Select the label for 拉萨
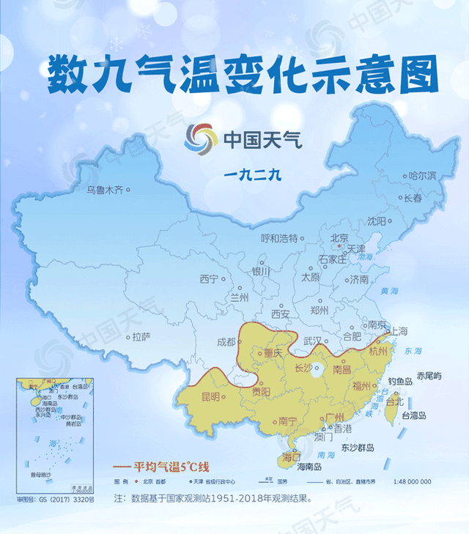pyautogui.click(x=141, y=337)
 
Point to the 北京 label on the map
pyautogui.click(x=339, y=238)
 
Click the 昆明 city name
pyautogui.click(x=206, y=397)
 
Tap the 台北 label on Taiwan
pyautogui.click(x=394, y=401)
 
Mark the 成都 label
pyautogui.click(x=226, y=342)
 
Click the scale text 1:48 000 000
pyautogui.click(x=405, y=481)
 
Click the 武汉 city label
pyautogui.click(x=314, y=341)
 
